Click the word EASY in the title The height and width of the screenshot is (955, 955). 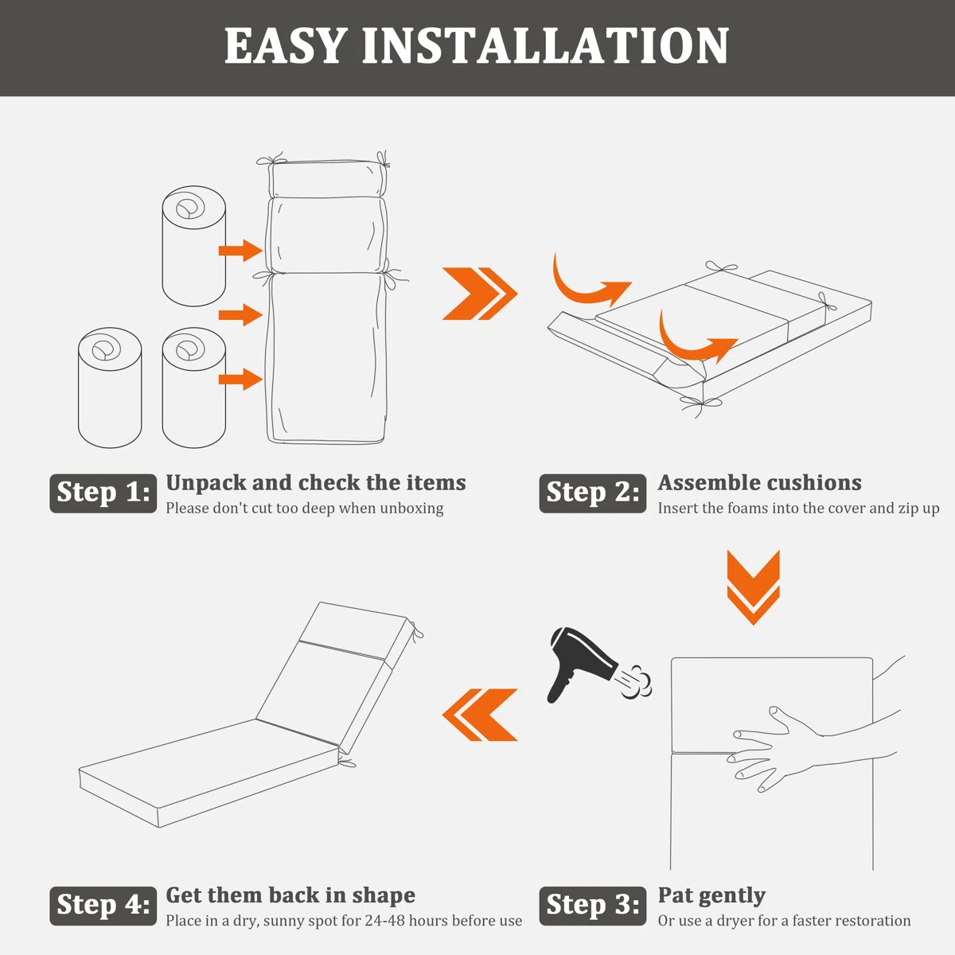(x=284, y=45)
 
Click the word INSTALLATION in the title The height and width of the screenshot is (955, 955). (x=545, y=45)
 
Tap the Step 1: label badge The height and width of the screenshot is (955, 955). (x=103, y=493)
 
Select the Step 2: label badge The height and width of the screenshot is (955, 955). (x=593, y=493)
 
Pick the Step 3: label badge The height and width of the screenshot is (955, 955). (x=593, y=906)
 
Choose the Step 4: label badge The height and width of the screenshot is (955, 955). (x=103, y=906)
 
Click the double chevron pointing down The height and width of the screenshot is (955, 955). (x=754, y=587)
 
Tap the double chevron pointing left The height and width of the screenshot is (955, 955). (x=479, y=715)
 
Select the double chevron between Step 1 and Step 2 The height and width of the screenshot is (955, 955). (x=480, y=294)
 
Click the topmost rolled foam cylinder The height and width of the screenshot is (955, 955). (x=193, y=246)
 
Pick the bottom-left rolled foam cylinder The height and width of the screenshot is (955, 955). (x=110, y=388)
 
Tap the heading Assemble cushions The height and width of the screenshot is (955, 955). (x=760, y=483)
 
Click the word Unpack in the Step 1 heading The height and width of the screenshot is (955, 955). (x=205, y=483)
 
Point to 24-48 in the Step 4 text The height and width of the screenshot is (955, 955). (x=384, y=920)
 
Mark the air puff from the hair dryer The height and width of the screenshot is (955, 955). (x=636, y=681)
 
